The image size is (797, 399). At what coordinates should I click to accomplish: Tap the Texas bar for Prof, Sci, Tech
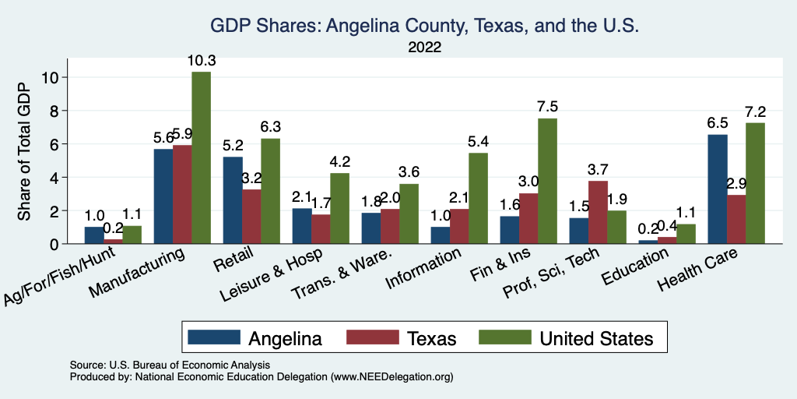coord(598,212)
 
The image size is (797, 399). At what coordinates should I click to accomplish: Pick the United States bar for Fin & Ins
coord(547,181)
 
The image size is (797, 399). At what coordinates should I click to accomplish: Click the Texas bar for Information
coord(459,226)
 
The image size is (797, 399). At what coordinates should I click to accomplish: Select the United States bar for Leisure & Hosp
coord(339,208)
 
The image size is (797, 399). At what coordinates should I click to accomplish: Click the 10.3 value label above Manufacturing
coord(201,61)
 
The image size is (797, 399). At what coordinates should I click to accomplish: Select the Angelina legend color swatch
coord(213,337)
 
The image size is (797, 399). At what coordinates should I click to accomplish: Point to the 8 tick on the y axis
coord(54,111)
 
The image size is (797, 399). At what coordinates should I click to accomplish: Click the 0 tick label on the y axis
coord(54,244)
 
